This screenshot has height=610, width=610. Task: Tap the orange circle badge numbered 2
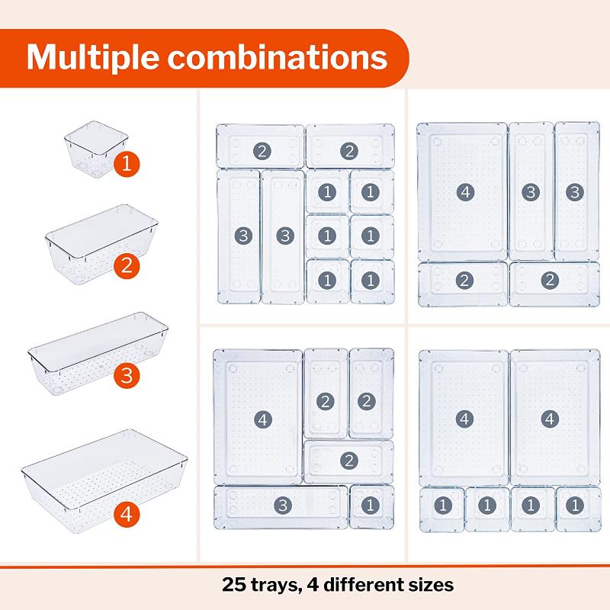[126, 267]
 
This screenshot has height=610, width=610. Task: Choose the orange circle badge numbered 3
[126, 376]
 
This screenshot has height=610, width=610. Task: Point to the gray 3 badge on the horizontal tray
[282, 504]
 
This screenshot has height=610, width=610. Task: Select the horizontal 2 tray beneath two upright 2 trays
[348, 461]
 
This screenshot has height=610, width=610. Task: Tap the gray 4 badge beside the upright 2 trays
[262, 419]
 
